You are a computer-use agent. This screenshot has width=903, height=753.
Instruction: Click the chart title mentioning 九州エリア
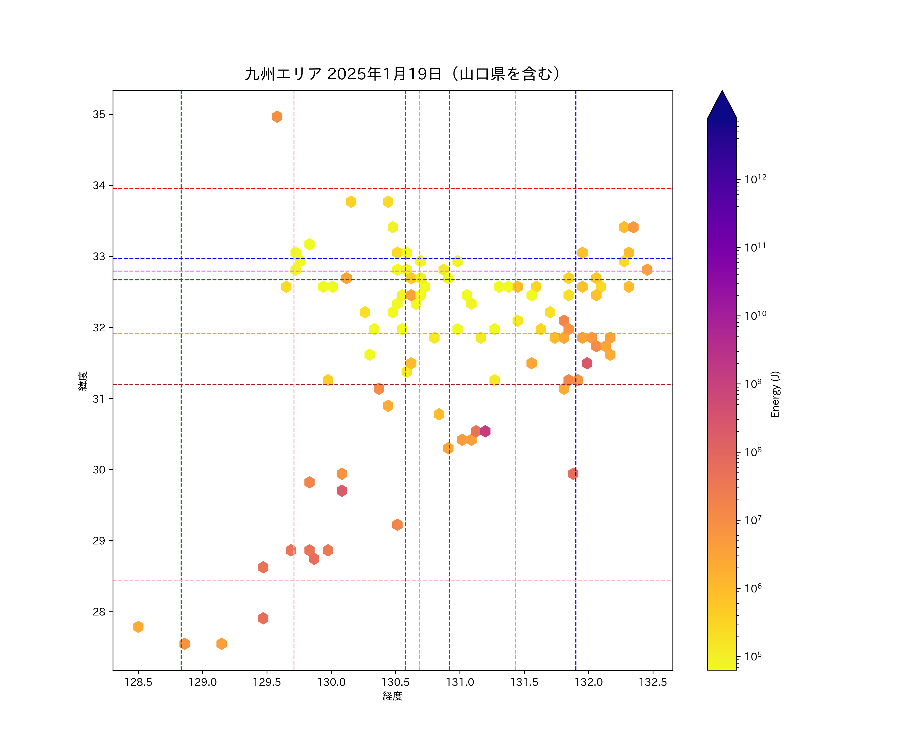click(403, 74)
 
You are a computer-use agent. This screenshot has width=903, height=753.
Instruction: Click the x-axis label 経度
click(392, 696)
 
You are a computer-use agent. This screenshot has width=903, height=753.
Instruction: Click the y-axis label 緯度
click(83, 381)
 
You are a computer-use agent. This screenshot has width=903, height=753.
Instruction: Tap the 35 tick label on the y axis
click(99, 114)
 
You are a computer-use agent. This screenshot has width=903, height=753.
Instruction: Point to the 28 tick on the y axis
click(99, 611)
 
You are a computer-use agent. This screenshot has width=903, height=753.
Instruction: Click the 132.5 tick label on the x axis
click(653, 682)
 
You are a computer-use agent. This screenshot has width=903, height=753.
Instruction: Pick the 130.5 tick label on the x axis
click(396, 682)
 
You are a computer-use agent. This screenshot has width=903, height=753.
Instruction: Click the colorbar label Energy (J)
click(775, 394)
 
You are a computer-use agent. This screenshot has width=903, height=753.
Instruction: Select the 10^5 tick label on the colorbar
click(753, 656)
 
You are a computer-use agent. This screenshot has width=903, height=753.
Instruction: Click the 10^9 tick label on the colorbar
click(753, 383)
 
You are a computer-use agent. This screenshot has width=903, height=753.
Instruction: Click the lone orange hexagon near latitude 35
click(277, 117)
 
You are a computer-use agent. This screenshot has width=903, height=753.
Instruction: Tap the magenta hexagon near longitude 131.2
click(485, 431)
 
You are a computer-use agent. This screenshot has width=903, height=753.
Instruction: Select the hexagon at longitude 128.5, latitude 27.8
click(138, 626)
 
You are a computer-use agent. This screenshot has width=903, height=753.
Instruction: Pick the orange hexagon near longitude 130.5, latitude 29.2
click(397, 525)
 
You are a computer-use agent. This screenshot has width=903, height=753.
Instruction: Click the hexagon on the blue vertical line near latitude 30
click(573, 474)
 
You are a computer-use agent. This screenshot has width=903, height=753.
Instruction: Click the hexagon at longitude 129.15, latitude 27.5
click(221, 644)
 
